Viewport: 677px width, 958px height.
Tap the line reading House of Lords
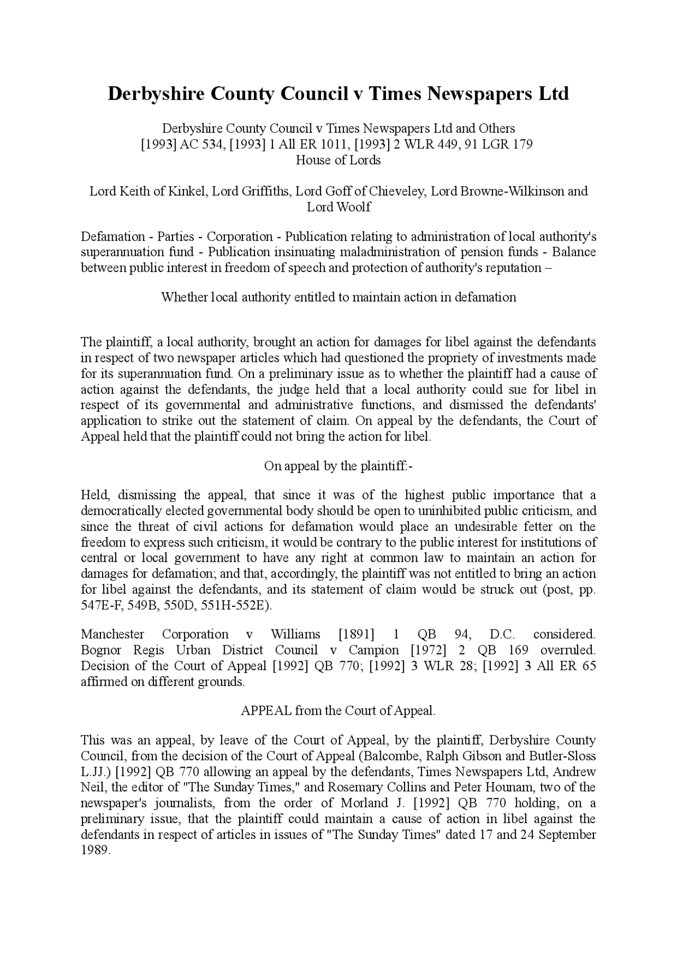coord(338,160)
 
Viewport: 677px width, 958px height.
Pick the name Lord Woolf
coord(338,207)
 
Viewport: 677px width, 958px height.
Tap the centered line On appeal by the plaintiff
coord(338,466)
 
